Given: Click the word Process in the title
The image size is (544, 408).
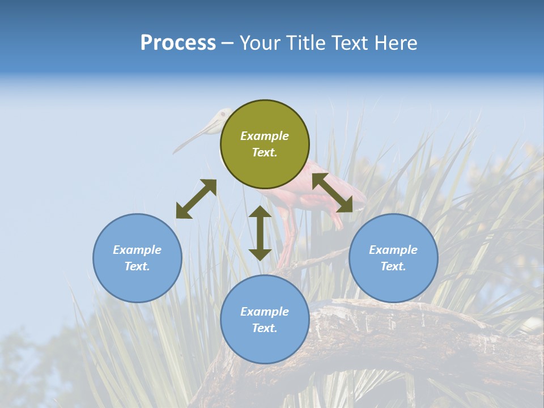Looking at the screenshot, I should (178, 43).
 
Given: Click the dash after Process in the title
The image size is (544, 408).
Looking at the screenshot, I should (228, 44).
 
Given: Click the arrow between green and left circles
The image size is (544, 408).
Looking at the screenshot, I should (196, 199).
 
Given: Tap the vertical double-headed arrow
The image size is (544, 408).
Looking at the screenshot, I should (260, 233).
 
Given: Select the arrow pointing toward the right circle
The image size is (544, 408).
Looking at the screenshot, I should (332, 193).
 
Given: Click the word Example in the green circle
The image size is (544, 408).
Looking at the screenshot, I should (265, 136).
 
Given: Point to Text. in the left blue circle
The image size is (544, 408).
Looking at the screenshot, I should (137, 266).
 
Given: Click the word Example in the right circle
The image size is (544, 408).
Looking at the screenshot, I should (393, 250).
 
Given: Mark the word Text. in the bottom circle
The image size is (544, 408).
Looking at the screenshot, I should (265, 328).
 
